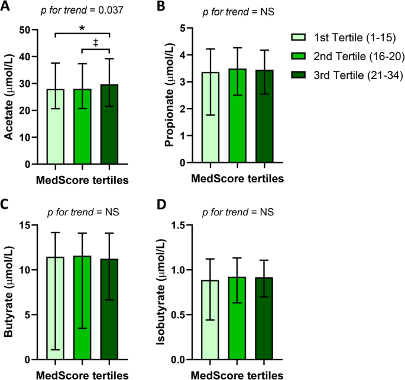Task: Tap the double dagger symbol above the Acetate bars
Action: [95, 42]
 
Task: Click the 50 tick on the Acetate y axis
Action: [25, 30]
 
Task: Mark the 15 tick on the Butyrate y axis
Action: [25, 225]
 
